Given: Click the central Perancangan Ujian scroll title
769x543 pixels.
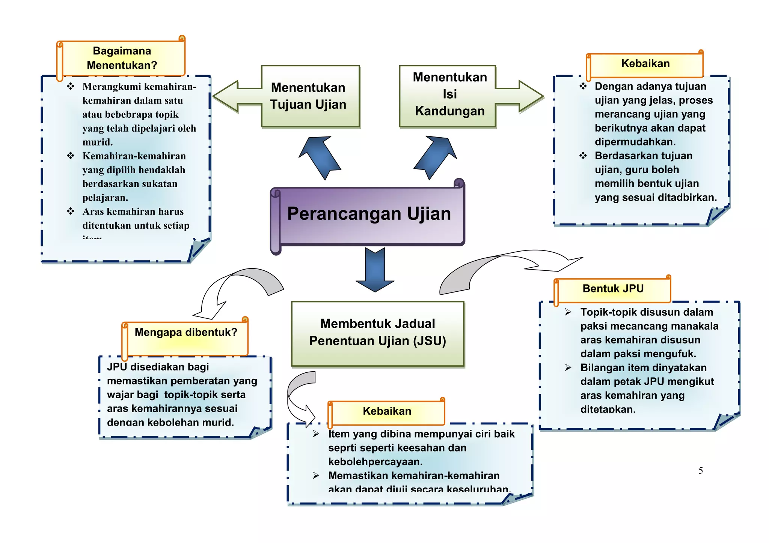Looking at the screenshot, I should coord(369,214).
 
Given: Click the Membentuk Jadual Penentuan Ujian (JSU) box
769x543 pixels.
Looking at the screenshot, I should coord(377,333).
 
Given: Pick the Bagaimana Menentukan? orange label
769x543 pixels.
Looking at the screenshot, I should coord(122,58).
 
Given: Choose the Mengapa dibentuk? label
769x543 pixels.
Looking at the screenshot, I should coord(186,333).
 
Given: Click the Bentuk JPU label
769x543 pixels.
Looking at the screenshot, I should coord(613,289).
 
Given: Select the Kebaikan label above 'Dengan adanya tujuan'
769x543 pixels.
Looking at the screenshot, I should coord(645,64).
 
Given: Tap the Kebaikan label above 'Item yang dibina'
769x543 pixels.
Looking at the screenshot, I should coord(387,411).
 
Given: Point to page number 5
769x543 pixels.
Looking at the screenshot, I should coord(700,471).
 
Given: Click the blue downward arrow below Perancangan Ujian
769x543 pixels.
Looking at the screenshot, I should coord(375,270).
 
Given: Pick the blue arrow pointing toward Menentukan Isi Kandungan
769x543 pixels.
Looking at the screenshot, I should coord(436,157).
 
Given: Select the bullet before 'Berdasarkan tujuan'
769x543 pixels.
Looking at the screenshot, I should coord(583,156).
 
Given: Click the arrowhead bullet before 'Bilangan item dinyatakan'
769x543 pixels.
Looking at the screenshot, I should coord(568,367).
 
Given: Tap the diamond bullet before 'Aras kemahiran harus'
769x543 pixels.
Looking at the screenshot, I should coord(71,211).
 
